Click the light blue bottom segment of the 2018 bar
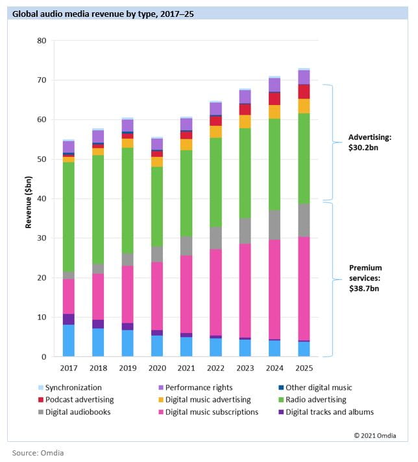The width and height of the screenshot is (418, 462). click(x=98, y=342)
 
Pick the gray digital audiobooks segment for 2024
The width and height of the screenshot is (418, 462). click(x=275, y=225)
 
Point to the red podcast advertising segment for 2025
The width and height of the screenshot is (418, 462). click(x=304, y=91)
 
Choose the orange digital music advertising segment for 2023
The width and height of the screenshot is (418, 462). click(x=245, y=121)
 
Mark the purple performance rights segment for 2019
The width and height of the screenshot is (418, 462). click(x=127, y=125)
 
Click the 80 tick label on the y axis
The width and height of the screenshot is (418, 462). click(x=42, y=41)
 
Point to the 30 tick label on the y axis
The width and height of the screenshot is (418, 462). click(x=42, y=238)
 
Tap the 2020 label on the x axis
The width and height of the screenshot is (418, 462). click(x=157, y=369)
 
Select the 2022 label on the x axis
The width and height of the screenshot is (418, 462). click(x=216, y=369)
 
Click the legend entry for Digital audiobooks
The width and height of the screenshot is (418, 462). click(x=75, y=411)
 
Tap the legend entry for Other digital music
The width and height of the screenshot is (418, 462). click(x=315, y=387)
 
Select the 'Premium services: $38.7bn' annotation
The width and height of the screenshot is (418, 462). click(x=366, y=277)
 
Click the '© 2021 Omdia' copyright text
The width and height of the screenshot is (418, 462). click(x=375, y=435)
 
